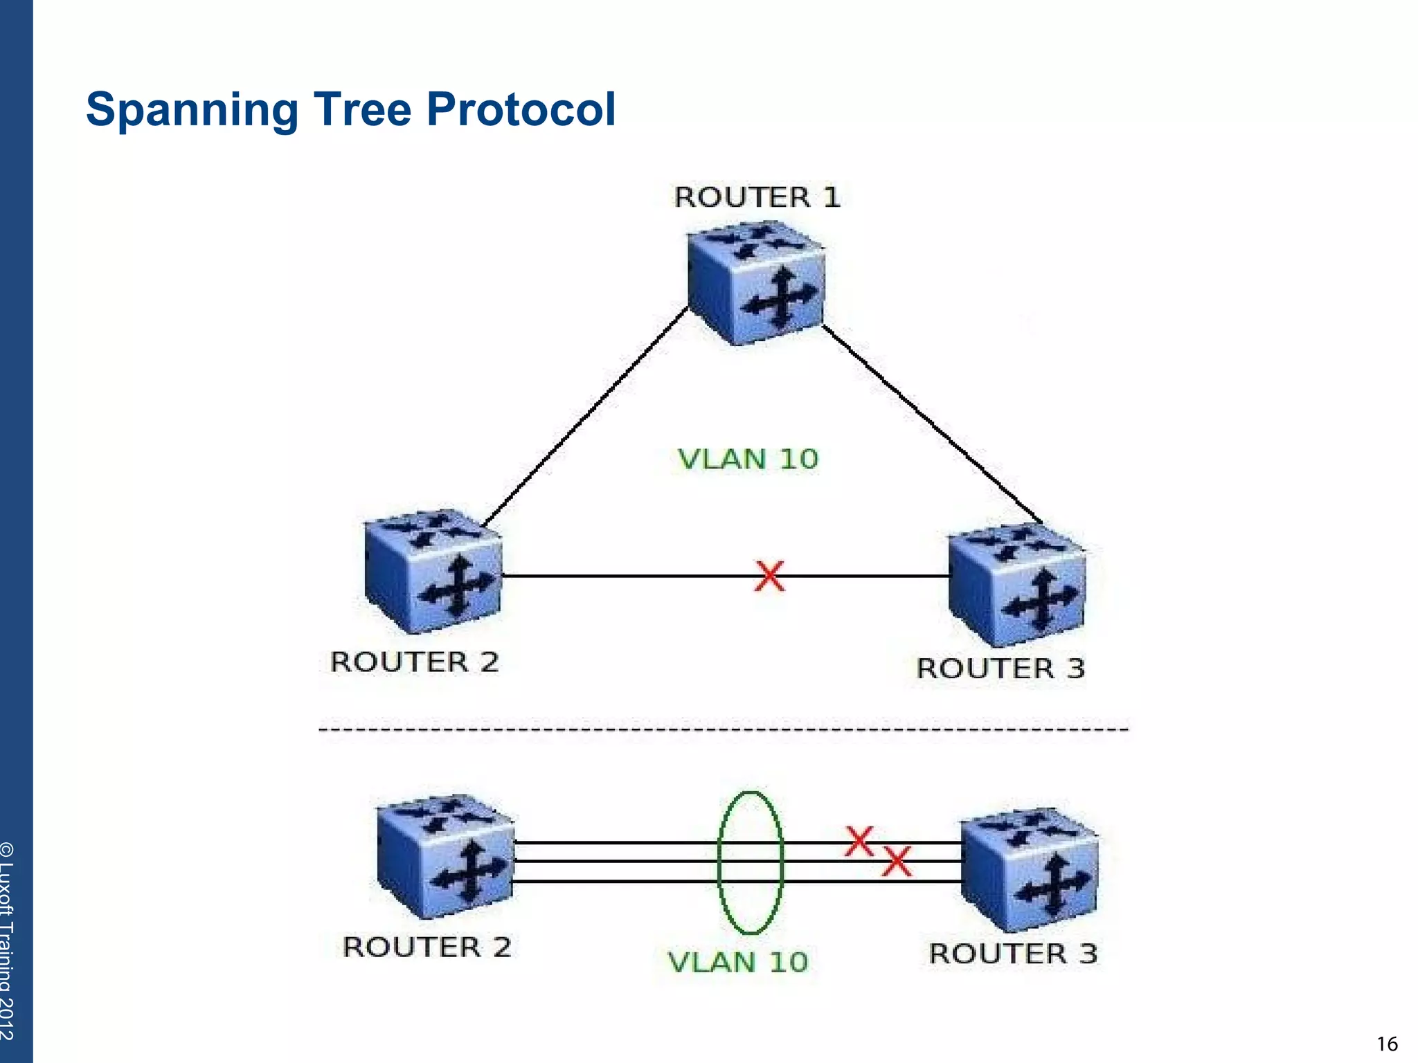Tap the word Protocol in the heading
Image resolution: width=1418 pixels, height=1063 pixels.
(x=521, y=109)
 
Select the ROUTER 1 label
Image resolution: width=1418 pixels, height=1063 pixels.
(x=757, y=197)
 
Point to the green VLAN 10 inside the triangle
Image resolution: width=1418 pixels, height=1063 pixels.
(x=748, y=459)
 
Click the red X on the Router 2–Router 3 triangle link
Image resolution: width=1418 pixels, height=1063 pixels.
(x=769, y=576)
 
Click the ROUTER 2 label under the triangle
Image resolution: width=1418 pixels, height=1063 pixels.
(x=414, y=662)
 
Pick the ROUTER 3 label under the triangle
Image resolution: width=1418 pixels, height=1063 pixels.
(x=1000, y=669)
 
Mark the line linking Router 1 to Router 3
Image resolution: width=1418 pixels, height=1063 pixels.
(x=931, y=424)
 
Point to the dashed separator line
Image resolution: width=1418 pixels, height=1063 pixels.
(x=724, y=729)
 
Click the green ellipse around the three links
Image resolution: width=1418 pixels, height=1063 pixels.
(x=719, y=862)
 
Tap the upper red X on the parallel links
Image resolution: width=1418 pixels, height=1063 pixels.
(x=859, y=842)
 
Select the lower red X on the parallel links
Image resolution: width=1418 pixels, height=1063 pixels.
(x=897, y=862)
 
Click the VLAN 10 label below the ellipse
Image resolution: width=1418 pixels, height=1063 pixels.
(x=737, y=962)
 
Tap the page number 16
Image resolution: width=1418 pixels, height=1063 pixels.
(x=1387, y=1044)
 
